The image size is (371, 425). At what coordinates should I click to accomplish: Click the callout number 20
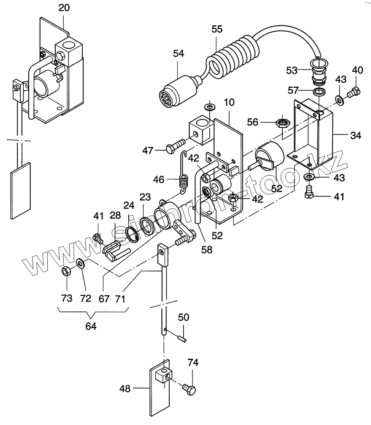[x=64, y=8]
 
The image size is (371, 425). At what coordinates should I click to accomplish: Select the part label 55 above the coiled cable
[x=217, y=29]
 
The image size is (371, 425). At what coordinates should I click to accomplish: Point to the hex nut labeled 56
[x=283, y=123]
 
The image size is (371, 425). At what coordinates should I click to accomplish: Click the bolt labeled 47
[x=175, y=146]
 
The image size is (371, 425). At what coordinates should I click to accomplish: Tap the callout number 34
[x=355, y=135]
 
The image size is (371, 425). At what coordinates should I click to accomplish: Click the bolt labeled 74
[x=189, y=390]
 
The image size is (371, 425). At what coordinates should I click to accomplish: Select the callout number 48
[x=125, y=389]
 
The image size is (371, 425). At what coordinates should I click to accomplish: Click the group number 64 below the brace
[x=91, y=326]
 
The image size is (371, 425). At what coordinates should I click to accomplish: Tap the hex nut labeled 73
[x=66, y=271]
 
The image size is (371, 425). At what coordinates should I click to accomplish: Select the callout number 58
[x=206, y=249]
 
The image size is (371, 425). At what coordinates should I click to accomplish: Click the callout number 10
[x=229, y=103]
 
